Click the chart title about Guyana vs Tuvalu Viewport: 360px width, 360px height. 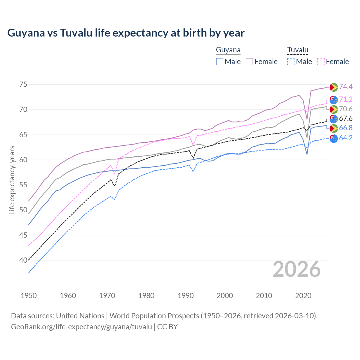[x=126, y=33]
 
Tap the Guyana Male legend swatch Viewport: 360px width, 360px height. [x=220, y=62]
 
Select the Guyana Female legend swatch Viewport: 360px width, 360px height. [x=249, y=62]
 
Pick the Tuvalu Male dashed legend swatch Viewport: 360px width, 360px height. [x=291, y=62]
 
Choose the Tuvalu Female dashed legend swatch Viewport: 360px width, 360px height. [x=321, y=62]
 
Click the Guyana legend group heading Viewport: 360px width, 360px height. [x=228, y=50]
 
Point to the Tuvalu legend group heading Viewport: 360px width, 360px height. [x=298, y=50]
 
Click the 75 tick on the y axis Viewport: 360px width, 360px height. [x=23, y=84]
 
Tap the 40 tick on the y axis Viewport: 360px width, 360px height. [x=23, y=260]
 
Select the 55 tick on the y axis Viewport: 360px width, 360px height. [x=23, y=185]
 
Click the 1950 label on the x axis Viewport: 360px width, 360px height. [x=29, y=296]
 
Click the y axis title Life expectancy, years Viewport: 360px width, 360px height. [x=12, y=180]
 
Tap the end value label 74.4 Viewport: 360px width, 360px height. [x=346, y=87]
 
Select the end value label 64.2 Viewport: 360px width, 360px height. [x=346, y=138]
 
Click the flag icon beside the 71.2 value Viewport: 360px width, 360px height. [x=334, y=100]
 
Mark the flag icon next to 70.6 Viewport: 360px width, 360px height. [x=334, y=109]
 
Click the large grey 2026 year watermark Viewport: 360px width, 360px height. [x=297, y=269]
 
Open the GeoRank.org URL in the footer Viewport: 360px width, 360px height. [x=81, y=327]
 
